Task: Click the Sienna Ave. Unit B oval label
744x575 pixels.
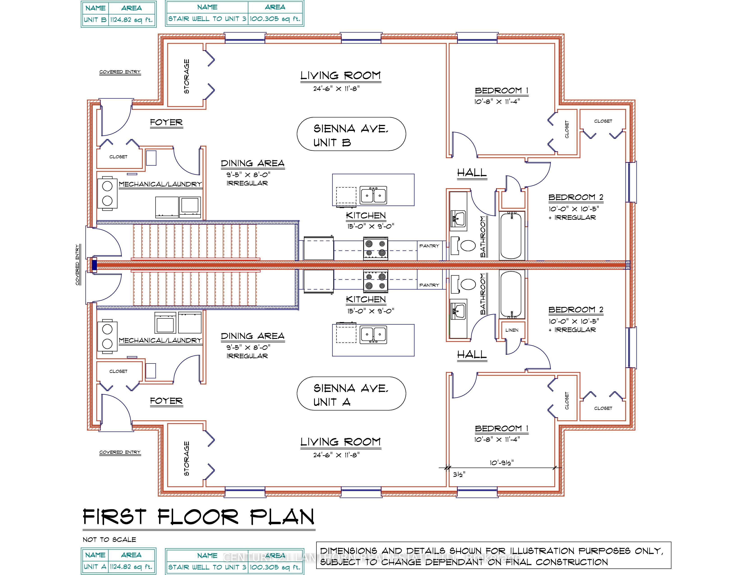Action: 351,134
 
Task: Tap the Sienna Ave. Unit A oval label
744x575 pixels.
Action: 351,393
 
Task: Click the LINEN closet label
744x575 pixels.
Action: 512,330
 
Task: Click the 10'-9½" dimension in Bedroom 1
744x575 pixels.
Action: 501,462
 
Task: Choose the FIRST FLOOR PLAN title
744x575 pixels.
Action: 199,517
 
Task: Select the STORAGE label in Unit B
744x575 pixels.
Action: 186,77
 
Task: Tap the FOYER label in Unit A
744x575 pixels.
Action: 166,401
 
